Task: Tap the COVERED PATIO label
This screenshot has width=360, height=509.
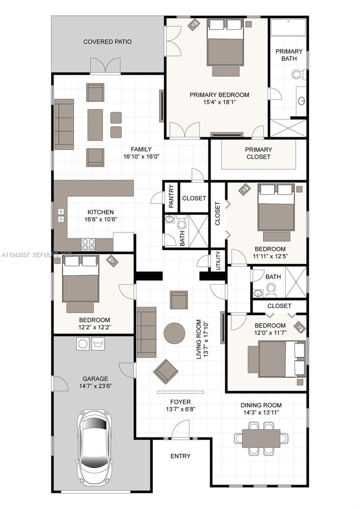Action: (107, 42)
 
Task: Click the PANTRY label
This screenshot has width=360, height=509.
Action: (172, 196)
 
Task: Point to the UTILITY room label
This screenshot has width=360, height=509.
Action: (218, 260)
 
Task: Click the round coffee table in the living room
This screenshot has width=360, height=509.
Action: (174, 333)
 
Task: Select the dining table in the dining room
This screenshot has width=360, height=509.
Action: (261, 438)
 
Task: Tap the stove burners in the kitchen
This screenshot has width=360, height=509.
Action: (88, 245)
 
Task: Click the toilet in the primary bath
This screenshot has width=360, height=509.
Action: (299, 75)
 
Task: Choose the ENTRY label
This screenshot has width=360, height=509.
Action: (180, 456)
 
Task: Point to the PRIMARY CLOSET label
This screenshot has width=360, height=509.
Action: (258, 153)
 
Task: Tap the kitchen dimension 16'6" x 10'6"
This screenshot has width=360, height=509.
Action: (101, 219)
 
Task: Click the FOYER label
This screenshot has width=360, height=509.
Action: (180, 402)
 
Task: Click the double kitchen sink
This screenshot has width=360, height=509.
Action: (61, 215)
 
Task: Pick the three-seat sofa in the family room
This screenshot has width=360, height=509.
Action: (64, 124)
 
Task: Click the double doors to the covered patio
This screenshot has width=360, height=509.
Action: (105, 67)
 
